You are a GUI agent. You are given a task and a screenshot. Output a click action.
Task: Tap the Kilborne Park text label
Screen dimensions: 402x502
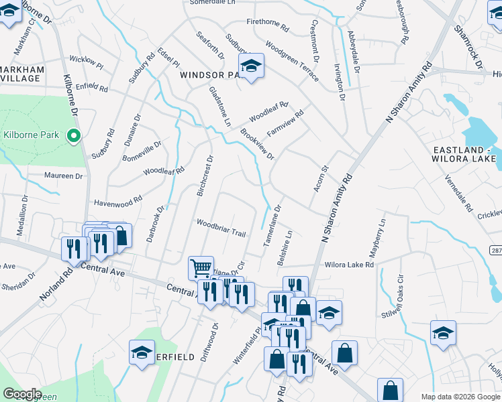[x=32, y=135]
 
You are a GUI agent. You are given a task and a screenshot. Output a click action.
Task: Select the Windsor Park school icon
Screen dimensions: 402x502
[x=251, y=66]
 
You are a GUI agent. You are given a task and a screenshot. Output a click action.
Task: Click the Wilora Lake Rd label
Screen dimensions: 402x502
[x=349, y=265]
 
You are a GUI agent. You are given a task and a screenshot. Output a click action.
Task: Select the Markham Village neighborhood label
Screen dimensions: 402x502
[x=21, y=74]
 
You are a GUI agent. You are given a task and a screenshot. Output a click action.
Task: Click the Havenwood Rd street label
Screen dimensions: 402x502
[x=118, y=200]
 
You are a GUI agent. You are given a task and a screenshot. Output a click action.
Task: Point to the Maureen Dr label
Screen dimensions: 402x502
[x=63, y=176]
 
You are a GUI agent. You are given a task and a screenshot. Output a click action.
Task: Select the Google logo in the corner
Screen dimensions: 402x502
[x=23, y=394]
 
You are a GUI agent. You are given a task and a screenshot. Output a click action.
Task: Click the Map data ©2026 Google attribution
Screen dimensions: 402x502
[x=460, y=397]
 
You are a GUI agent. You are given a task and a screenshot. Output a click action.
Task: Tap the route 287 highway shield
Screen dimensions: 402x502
[x=495, y=250]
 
